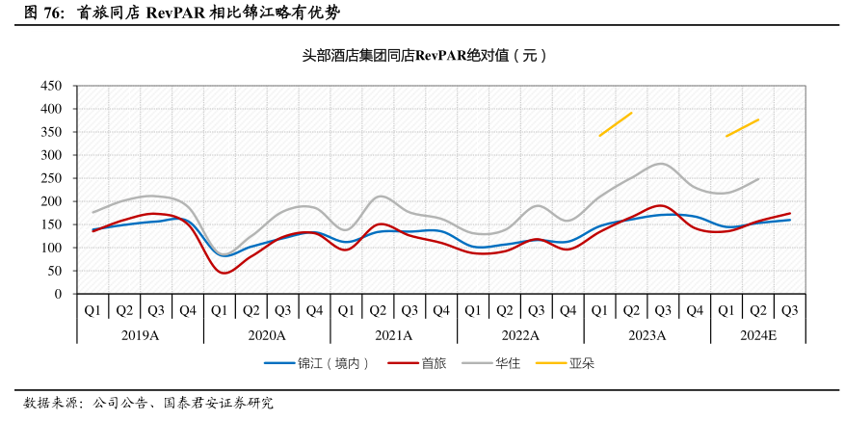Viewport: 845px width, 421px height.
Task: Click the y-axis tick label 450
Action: pos(50,86)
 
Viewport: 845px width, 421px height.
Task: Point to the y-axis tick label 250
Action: pos(50,178)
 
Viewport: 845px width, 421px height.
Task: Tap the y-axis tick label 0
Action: pos(58,294)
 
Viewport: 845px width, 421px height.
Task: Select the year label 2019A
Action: pos(140,334)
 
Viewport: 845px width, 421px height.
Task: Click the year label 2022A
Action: pos(520,334)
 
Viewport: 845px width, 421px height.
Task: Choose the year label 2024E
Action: pos(757,334)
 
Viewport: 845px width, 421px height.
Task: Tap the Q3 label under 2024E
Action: pos(789,310)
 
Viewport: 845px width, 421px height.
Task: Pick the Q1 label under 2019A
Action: pos(92,310)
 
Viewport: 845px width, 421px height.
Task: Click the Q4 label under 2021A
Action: pos(440,310)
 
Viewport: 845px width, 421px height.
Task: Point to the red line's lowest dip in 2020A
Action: pos(224,273)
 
